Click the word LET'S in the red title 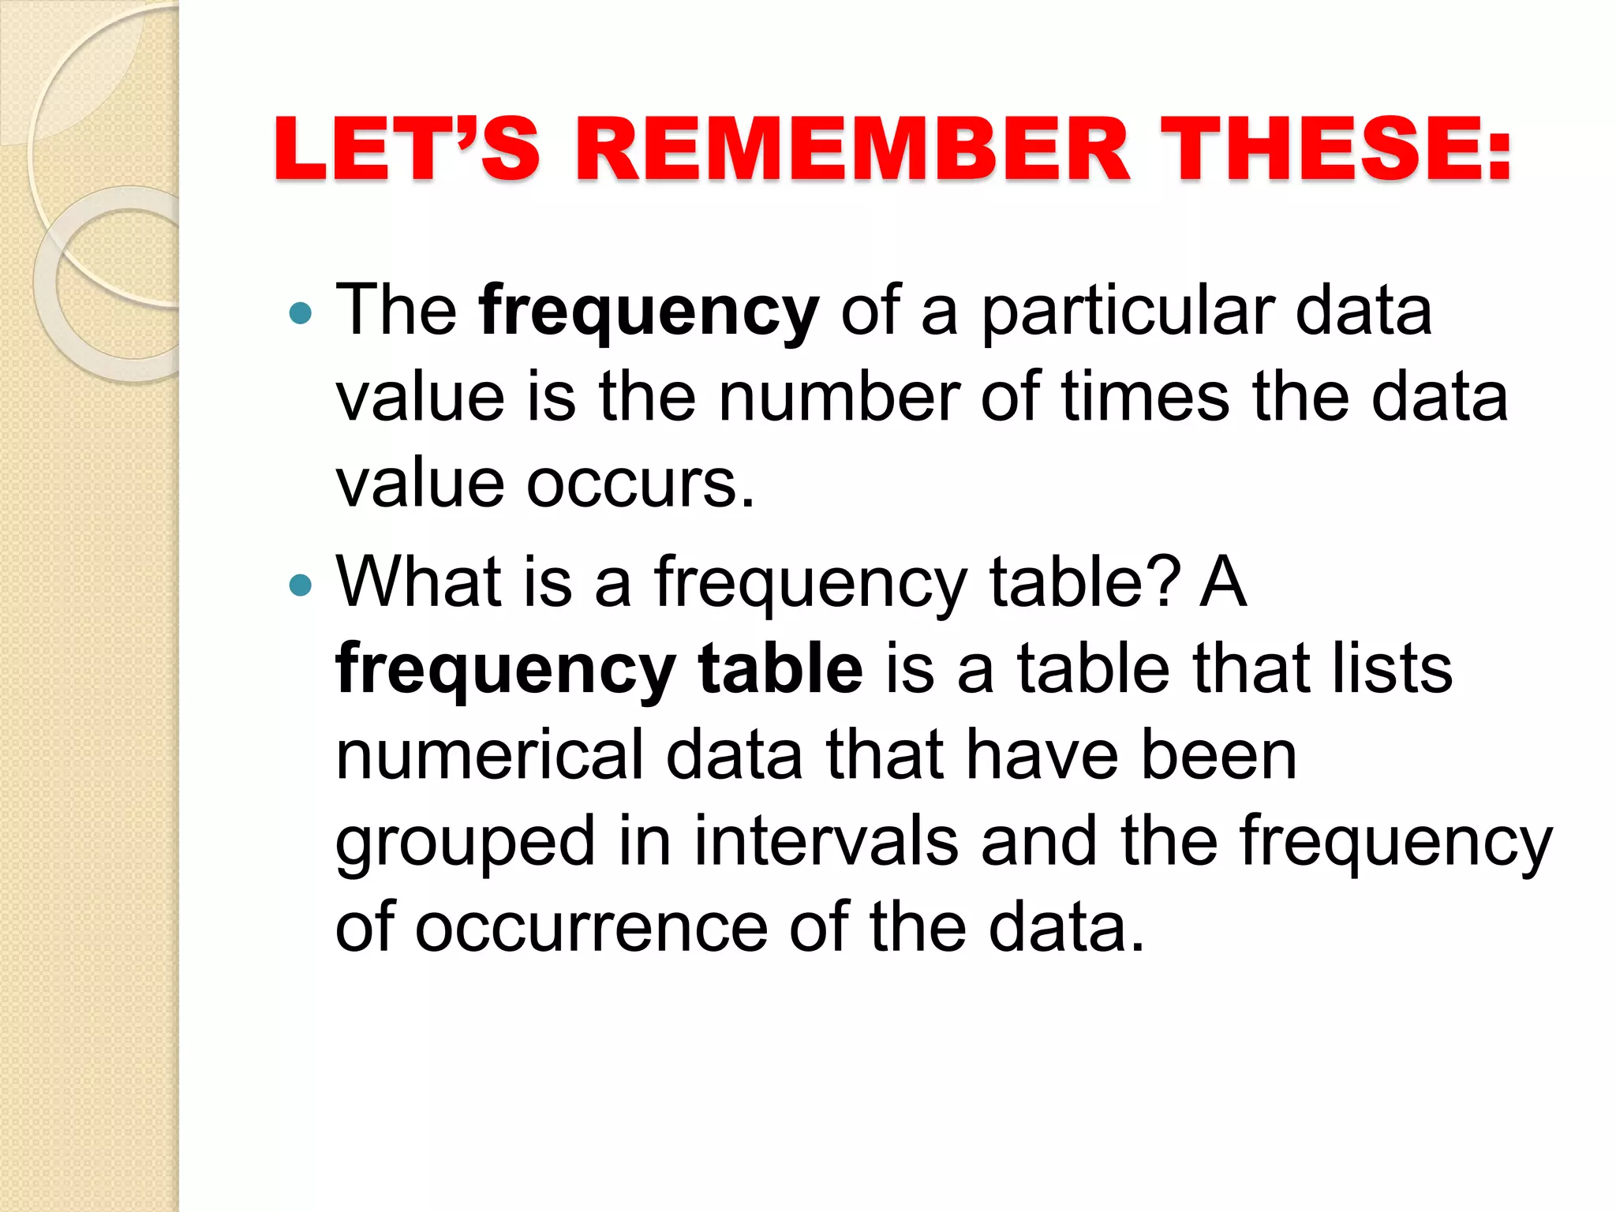click(406, 149)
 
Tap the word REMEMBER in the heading click(853, 149)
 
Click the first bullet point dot click(301, 315)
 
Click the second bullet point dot click(301, 585)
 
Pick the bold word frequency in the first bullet click(649, 312)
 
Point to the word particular click(1127, 312)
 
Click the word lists click(1392, 668)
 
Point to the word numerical click(489, 755)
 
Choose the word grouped click(466, 843)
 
